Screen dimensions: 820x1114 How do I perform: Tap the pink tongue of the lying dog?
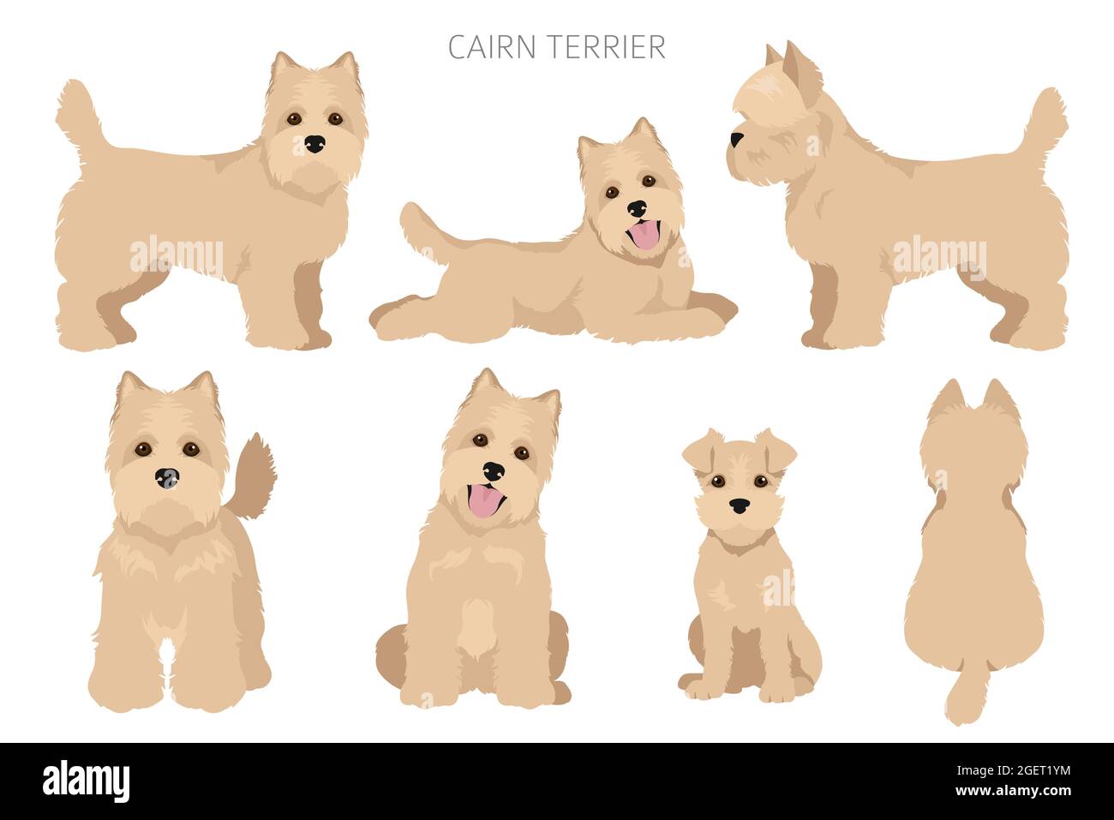(643, 234)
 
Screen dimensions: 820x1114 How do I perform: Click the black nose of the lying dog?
(637, 208)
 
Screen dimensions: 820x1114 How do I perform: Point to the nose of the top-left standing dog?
(315, 143)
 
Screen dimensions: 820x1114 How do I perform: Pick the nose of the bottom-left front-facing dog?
(166, 478)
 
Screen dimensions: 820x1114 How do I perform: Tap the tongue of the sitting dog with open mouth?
(486, 501)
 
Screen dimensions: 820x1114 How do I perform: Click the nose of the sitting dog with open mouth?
(493, 470)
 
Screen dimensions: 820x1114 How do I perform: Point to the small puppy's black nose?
(739, 506)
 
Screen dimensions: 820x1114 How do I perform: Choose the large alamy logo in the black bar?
(86, 781)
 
